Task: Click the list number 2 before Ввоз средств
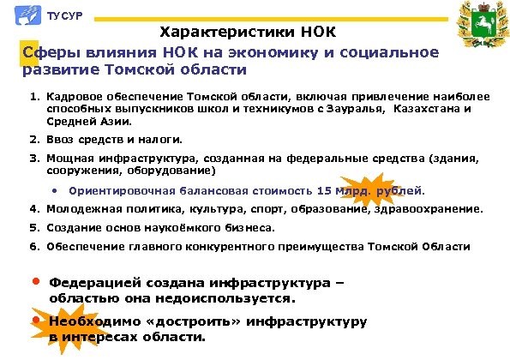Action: pos(32,139)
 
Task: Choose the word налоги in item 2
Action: pos(162,139)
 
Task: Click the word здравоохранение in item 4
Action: pos(436,208)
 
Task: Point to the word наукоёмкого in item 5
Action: pos(183,227)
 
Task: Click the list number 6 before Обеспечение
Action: pos(32,246)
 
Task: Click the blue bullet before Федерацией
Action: pos(35,280)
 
